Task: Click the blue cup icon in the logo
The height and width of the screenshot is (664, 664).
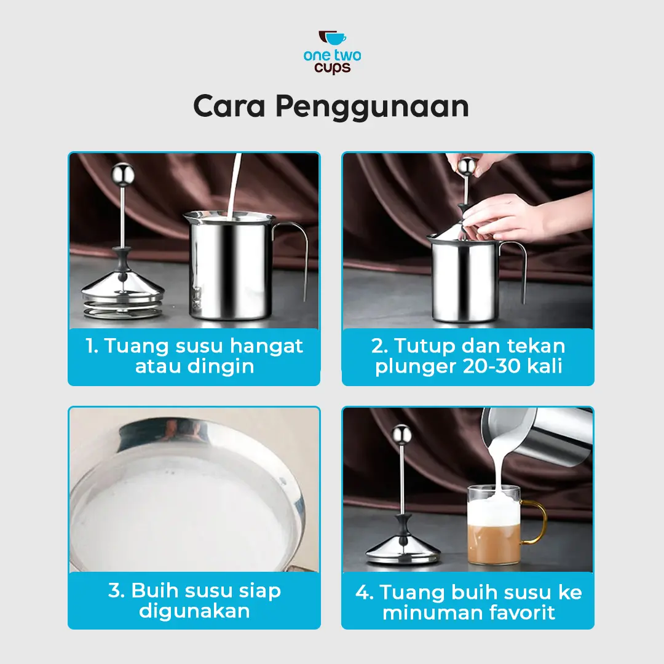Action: point(336,39)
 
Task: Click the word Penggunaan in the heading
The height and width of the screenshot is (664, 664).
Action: point(372,107)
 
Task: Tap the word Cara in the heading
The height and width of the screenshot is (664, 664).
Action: point(229,106)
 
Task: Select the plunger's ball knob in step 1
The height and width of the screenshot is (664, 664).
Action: point(123,174)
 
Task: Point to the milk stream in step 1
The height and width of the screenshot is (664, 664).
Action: point(234,186)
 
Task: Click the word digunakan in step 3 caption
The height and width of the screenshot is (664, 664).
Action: point(194,611)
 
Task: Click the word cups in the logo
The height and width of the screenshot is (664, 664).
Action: point(333,68)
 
